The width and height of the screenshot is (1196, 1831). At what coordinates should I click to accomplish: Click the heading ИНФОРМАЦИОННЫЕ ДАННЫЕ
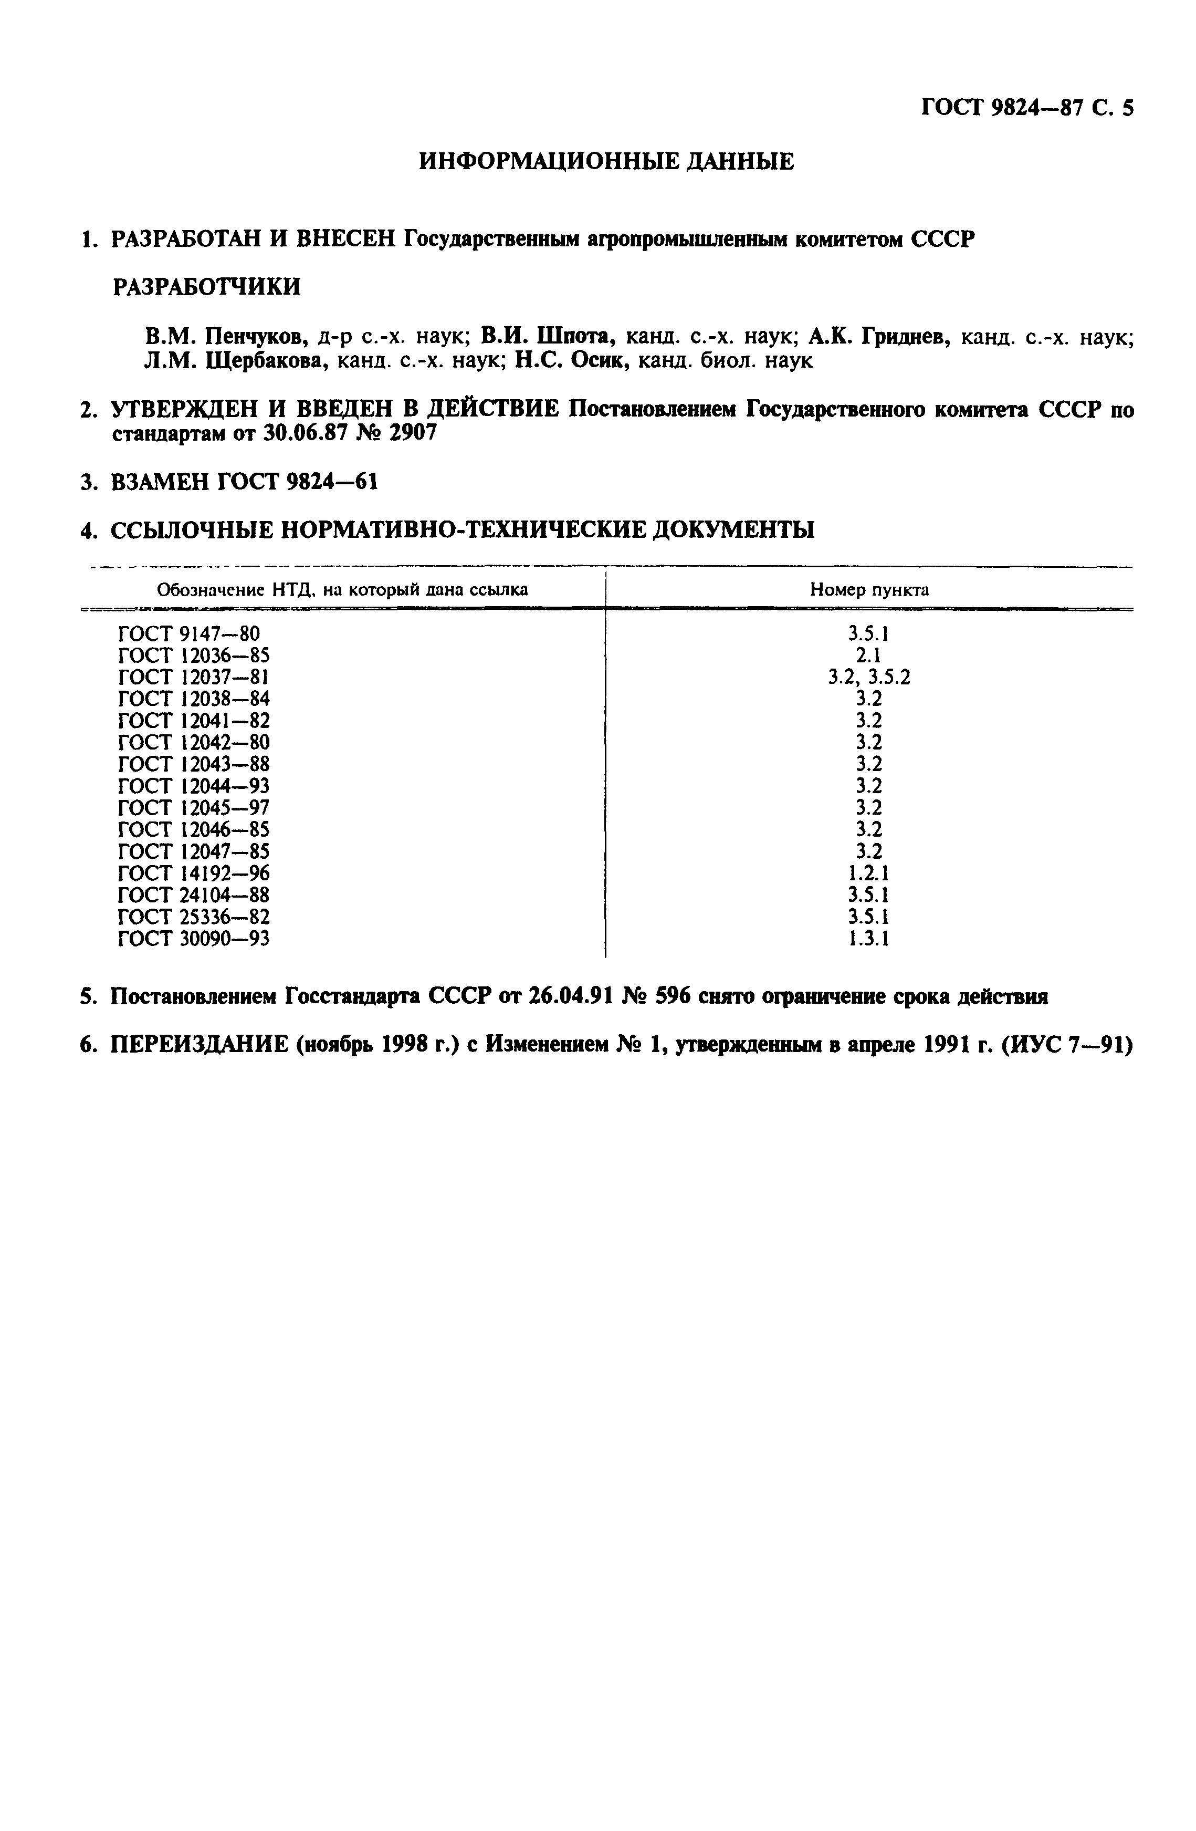click(606, 162)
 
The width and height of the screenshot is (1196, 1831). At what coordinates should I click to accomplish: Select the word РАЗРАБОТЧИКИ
click(206, 287)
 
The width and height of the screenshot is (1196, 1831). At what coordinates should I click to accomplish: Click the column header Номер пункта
click(868, 590)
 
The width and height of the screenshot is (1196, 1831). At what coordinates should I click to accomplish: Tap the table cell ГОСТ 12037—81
click(194, 677)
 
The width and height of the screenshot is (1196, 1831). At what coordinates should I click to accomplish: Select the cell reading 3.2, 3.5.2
click(868, 677)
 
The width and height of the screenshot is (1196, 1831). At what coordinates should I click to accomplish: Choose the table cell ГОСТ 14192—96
click(194, 873)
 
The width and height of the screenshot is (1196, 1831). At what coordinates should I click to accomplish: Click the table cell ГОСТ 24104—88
click(194, 894)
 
